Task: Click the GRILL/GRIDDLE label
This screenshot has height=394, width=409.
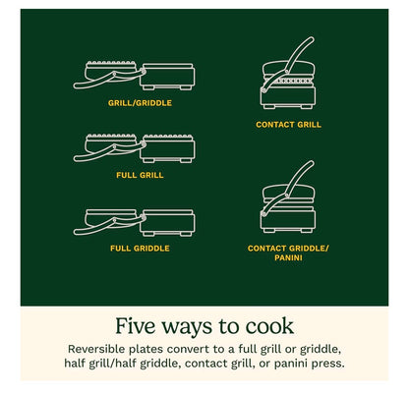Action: click(140, 101)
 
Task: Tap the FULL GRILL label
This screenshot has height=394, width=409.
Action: click(140, 175)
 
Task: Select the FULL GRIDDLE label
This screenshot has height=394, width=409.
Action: click(140, 248)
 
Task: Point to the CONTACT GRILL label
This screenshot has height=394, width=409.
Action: click(288, 125)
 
